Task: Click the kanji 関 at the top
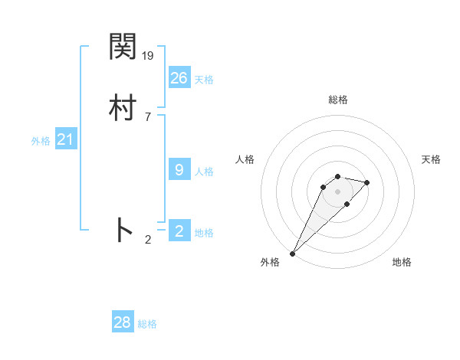(123, 47)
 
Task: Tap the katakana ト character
(123, 231)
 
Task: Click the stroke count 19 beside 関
(149, 55)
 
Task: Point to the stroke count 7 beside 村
(148, 116)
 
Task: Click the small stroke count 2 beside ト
(148, 240)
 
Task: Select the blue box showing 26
(179, 77)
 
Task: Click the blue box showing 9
(179, 170)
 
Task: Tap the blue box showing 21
(66, 139)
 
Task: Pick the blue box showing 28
(123, 322)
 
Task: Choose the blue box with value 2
(179, 231)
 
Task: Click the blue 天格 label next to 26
(204, 80)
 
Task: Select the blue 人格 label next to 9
(204, 172)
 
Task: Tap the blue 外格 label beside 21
(41, 141)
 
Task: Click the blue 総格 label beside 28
(147, 324)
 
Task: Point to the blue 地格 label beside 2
(204, 233)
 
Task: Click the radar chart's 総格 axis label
(337, 100)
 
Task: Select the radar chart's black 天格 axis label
(431, 159)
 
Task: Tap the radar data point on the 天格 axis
(367, 182)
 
